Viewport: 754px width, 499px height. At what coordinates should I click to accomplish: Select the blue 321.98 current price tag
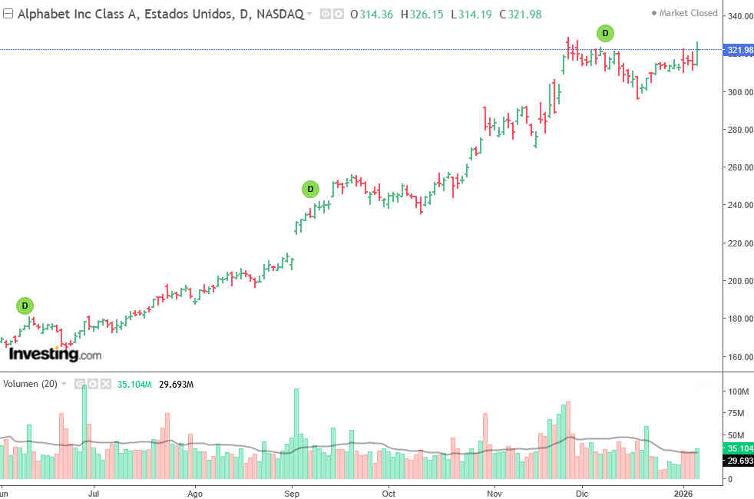click(x=739, y=51)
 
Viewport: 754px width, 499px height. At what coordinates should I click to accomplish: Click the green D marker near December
click(x=605, y=33)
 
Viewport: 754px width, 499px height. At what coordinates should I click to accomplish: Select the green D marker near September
click(x=310, y=189)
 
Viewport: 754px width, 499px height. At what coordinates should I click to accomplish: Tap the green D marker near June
click(x=25, y=306)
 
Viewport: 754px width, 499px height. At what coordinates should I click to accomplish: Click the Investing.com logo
click(x=55, y=355)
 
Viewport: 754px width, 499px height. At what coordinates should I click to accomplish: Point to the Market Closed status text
click(x=688, y=13)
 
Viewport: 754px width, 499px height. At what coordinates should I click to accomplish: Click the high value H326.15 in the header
click(x=422, y=14)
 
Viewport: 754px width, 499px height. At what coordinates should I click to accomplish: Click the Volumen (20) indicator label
click(x=30, y=384)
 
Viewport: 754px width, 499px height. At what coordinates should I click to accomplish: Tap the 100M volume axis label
click(x=738, y=392)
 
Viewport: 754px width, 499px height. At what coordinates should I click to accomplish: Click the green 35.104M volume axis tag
click(x=739, y=448)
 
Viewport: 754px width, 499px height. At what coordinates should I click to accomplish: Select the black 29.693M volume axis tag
click(x=739, y=461)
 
